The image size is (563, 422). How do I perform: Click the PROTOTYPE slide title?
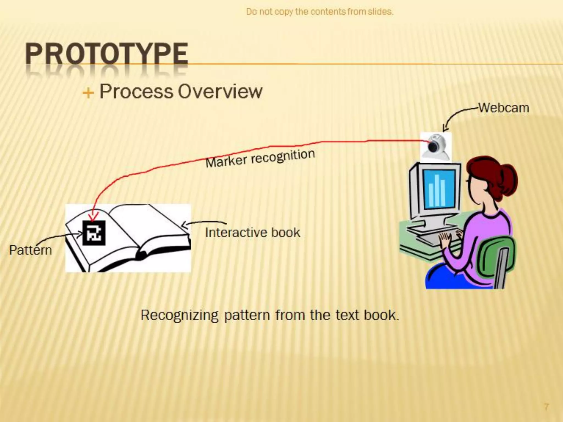click(107, 54)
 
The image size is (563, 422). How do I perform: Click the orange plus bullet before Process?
click(88, 93)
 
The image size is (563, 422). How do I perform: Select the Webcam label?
click(504, 108)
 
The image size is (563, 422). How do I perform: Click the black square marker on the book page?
click(94, 233)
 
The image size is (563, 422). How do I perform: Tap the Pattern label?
click(31, 250)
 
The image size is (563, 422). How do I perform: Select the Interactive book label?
click(253, 233)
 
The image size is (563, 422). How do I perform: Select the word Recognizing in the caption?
click(180, 315)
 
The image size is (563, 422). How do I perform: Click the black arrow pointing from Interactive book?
click(203, 223)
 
